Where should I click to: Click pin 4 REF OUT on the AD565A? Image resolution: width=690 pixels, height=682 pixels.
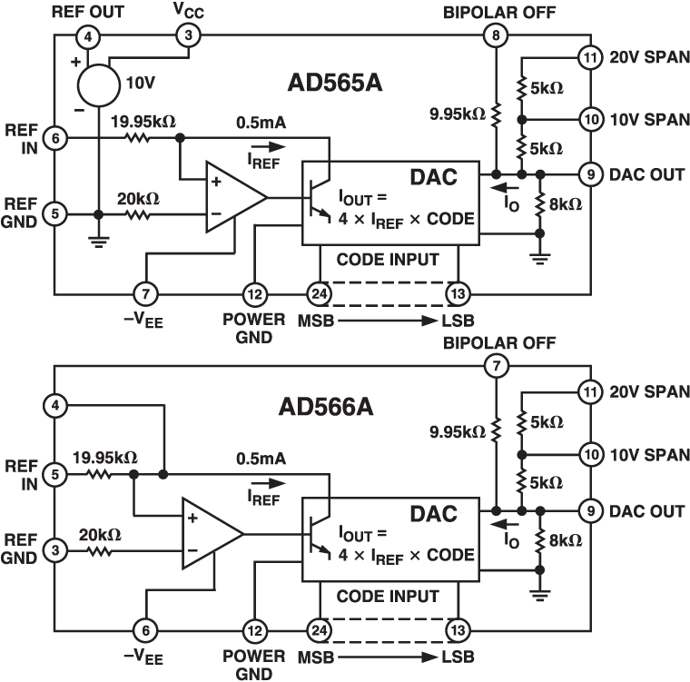pos(87,37)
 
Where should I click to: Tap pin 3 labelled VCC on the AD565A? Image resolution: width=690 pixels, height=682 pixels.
pos(188,36)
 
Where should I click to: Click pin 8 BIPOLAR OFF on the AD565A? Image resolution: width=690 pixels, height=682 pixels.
pos(495,37)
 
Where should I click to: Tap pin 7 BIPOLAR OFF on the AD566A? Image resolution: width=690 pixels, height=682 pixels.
pos(495,366)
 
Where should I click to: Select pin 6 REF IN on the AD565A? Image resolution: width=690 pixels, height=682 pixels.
pos(56,139)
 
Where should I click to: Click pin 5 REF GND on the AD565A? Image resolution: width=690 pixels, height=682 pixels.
pos(56,214)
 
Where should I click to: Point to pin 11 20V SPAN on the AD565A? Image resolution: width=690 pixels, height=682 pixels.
pos(591,59)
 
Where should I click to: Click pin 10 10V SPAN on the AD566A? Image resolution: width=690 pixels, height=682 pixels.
pos(591,452)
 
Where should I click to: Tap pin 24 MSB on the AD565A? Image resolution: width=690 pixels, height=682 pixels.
pos(319,293)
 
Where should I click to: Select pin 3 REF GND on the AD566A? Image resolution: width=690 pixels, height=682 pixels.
pos(56,549)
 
